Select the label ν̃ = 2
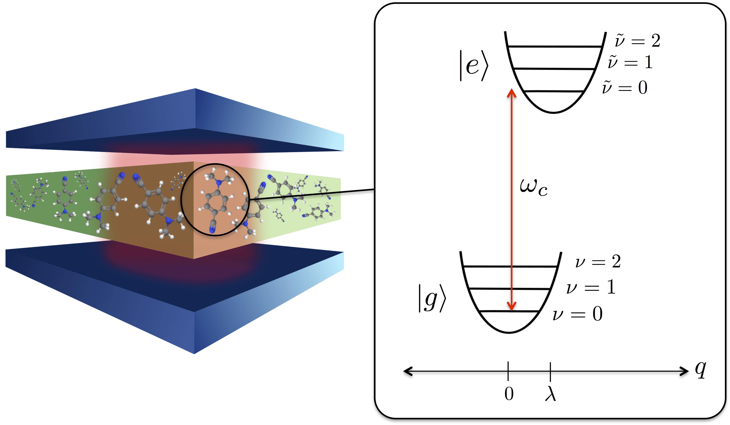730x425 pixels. (637, 41)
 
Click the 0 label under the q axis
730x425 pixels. (509, 394)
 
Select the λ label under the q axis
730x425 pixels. (550, 394)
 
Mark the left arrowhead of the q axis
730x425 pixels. (407, 371)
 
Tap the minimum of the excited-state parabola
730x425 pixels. (553, 112)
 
